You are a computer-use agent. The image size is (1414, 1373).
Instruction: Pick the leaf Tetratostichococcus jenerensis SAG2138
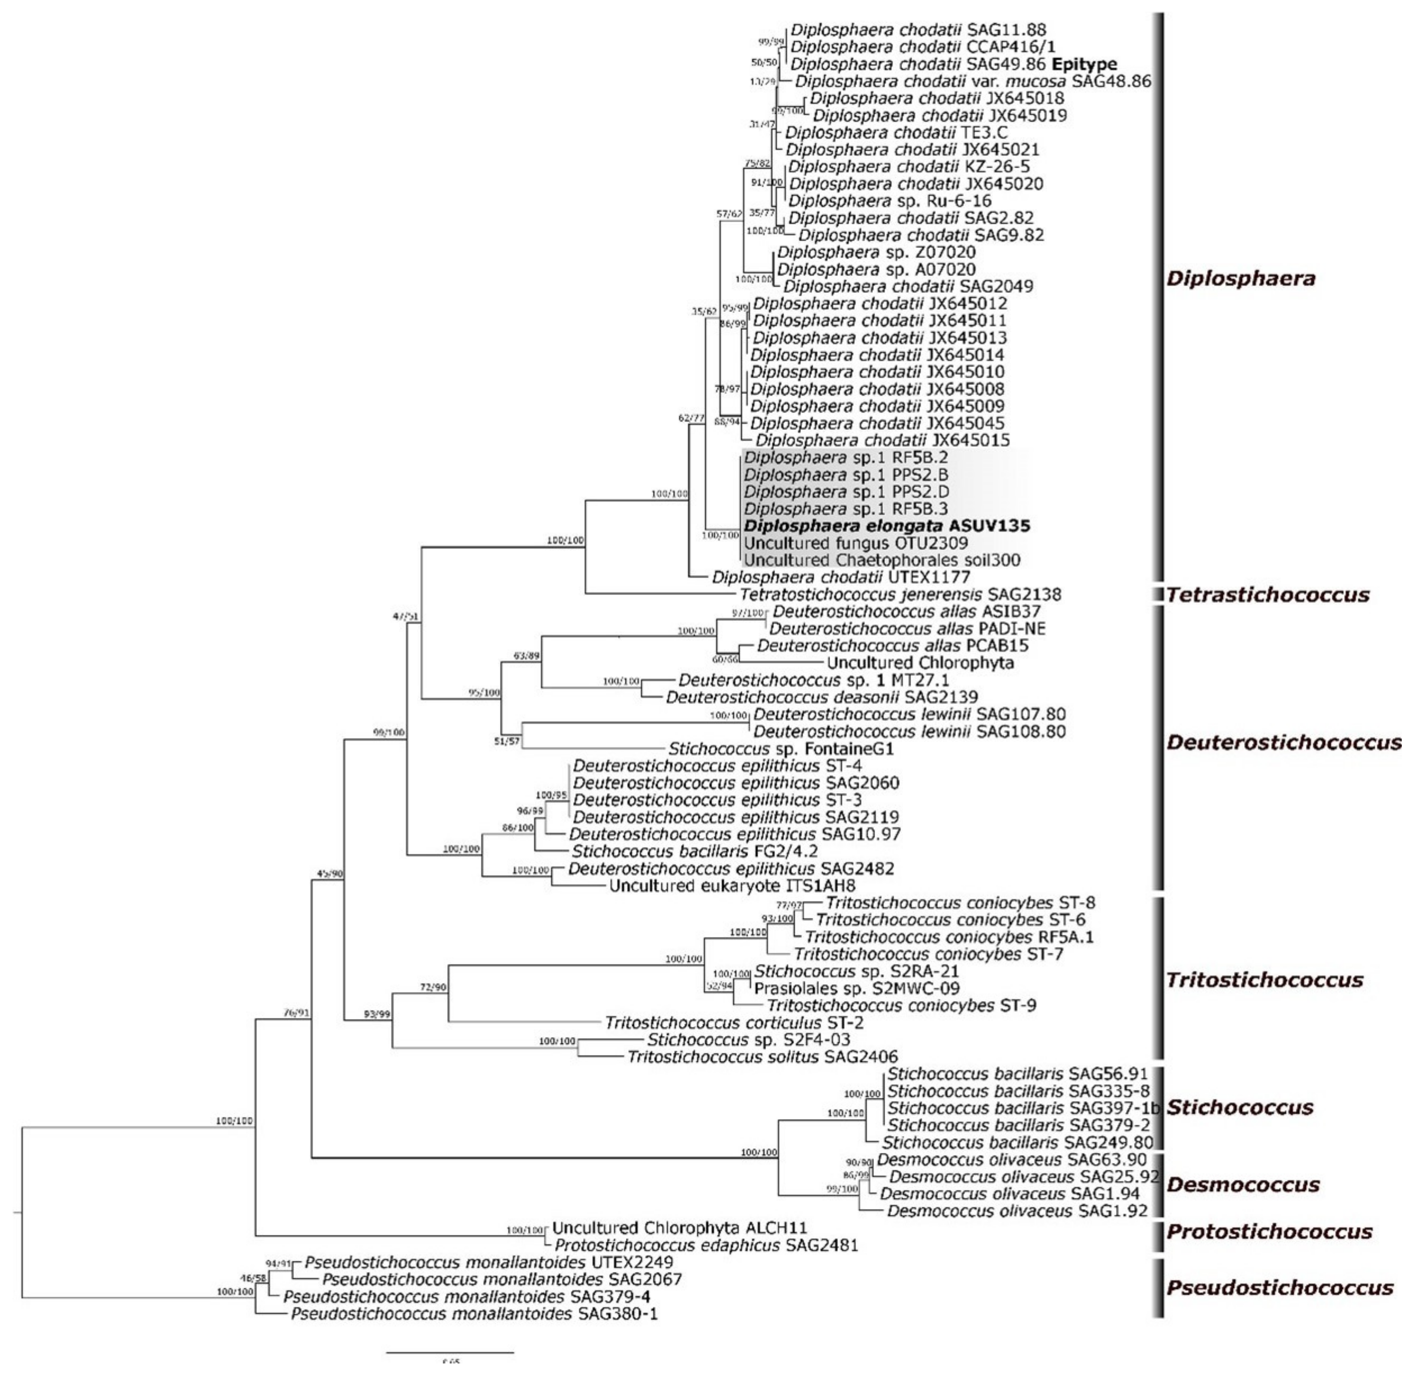tap(900, 595)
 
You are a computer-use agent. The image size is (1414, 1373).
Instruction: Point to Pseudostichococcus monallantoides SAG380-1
tap(474, 1314)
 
